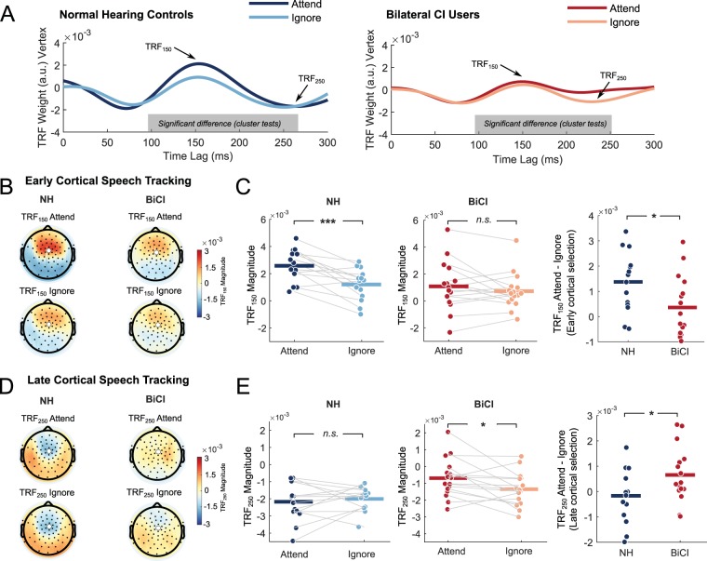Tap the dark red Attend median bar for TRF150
(447, 286)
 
